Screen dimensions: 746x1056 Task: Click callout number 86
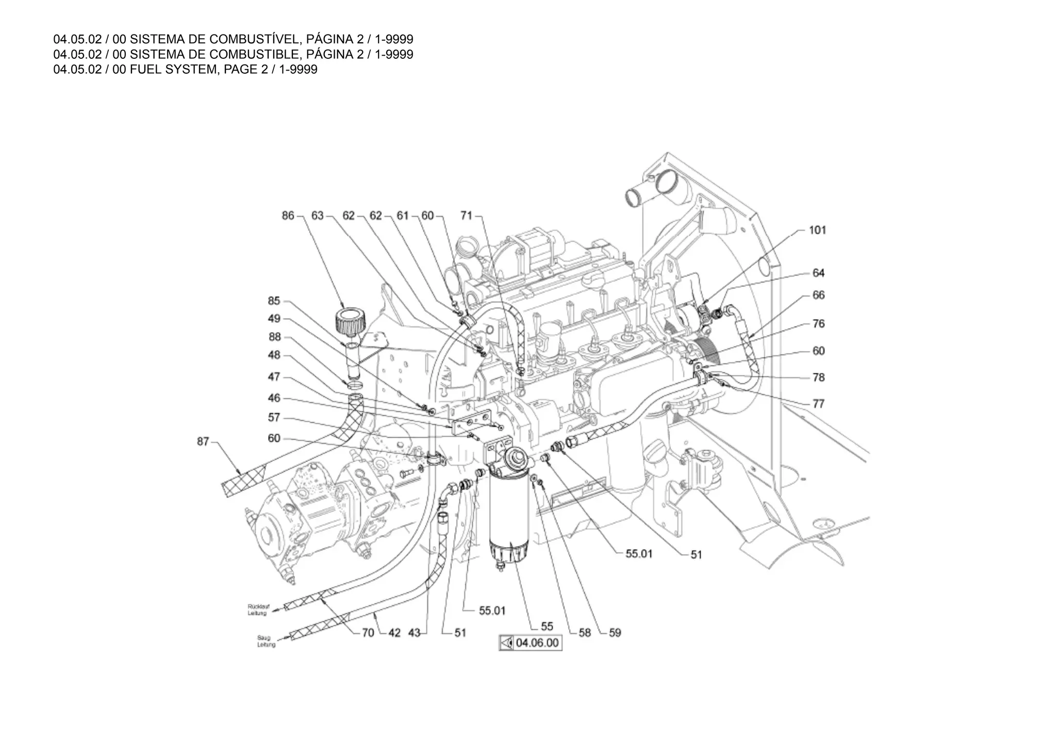click(x=288, y=215)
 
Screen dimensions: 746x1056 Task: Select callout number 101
click(x=817, y=230)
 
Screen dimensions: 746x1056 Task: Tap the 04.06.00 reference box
click(x=530, y=643)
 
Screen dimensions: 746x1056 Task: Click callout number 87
click(x=203, y=441)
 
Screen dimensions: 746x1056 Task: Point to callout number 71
click(x=466, y=215)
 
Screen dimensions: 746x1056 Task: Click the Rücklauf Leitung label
click(x=258, y=609)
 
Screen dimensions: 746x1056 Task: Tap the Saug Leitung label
click(x=266, y=641)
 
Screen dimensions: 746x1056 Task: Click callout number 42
click(x=394, y=633)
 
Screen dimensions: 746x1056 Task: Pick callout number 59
click(x=615, y=633)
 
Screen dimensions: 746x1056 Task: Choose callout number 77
click(x=818, y=404)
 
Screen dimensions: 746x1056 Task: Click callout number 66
click(x=818, y=295)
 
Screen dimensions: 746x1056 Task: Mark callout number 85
click(x=274, y=301)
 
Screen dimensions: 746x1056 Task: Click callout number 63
click(x=317, y=215)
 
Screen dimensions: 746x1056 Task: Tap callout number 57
click(x=274, y=417)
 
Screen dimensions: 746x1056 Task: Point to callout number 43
click(x=415, y=633)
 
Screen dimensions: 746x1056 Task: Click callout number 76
click(x=818, y=323)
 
